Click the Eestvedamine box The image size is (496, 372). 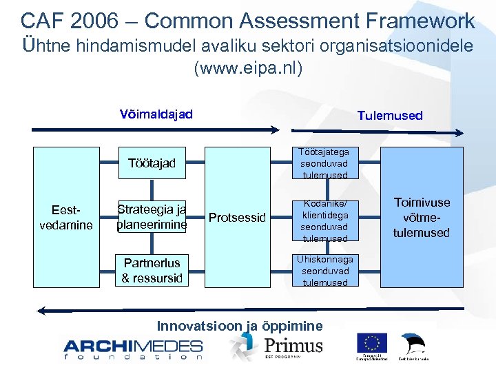pyautogui.click(x=72, y=217)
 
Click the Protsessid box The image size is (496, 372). pyautogui.click(x=237, y=218)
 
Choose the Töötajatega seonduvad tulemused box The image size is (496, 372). pyautogui.click(x=324, y=163)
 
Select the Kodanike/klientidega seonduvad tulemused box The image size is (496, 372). pyautogui.click(x=324, y=221)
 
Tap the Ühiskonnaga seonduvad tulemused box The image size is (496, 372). pyautogui.click(x=324, y=271)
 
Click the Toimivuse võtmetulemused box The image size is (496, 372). pyautogui.click(x=421, y=218)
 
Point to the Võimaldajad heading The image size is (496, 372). pyautogui.click(x=156, y=114)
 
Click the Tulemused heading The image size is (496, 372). pyautogui.click(x=390, y=116)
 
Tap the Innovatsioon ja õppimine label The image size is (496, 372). pyautogui.click(x=240, y=326)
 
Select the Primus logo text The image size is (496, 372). pyautogui.click(x=293, y=344)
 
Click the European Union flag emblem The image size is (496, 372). pyautogui.click(x=372, y=343)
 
